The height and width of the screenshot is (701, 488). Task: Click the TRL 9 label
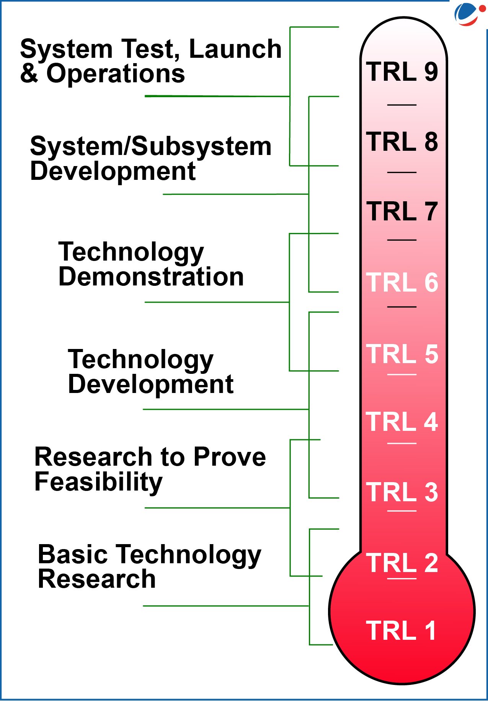[x=402, y=72]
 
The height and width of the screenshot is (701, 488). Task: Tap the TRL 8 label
[x=402, y=142]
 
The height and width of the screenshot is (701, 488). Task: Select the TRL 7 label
[x=402, y=211]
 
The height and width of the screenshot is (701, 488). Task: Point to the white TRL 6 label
[x=402, y=282]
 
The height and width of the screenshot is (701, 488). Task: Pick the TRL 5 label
[x=402, y=354]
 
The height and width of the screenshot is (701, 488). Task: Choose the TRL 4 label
[x=402, y=422]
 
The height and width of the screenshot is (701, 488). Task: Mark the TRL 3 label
[x=402, y=492]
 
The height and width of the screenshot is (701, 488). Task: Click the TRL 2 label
[x=402, y=563]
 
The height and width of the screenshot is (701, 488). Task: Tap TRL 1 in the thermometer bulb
[x=401, y=631]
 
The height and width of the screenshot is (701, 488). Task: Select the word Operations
[x=116, y=73]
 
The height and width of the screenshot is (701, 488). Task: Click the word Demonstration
[x=151, y=277]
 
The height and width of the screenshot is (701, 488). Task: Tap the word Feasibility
[x=99, y=482]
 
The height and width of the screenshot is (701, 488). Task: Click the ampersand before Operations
[x=29, y=73]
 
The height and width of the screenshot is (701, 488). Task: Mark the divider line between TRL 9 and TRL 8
[x=402, y=104]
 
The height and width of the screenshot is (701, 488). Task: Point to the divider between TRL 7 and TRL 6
[x=402, y=240]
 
